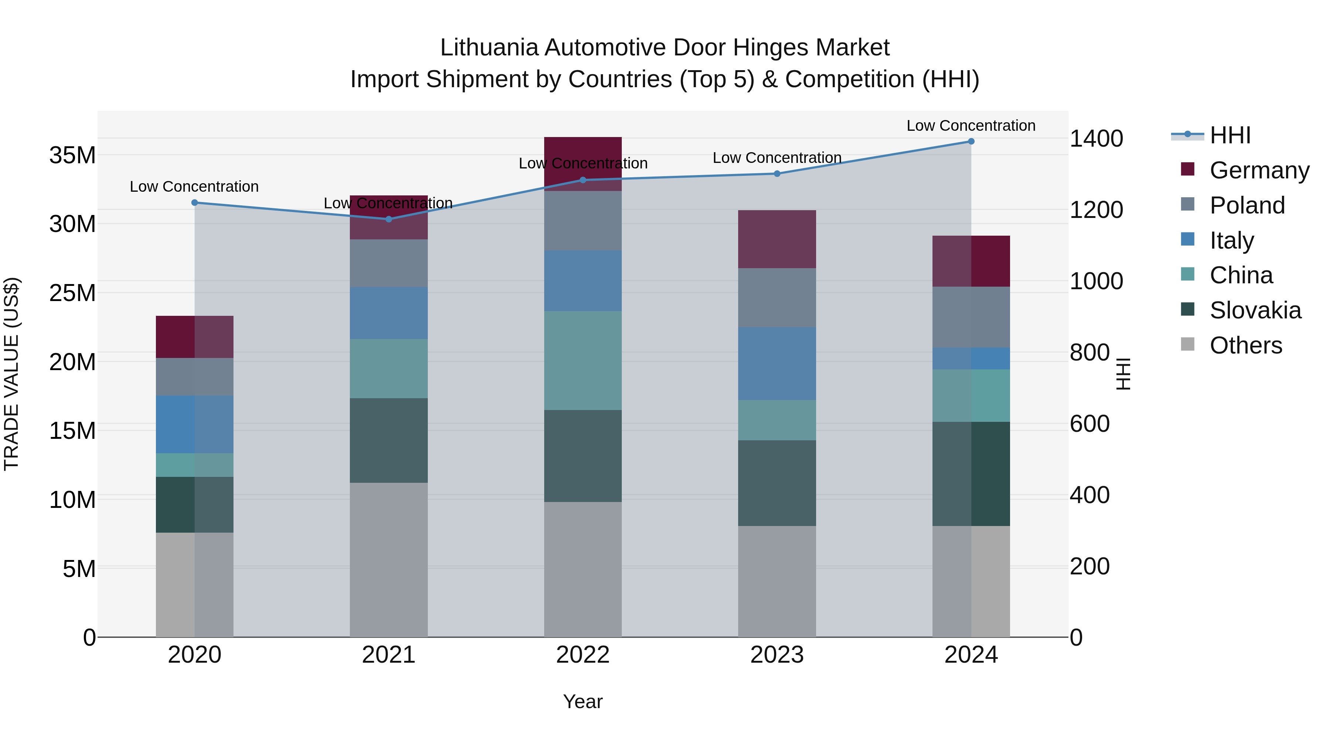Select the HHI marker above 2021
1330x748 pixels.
coord(389,219)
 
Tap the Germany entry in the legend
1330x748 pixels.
coord(1259,170)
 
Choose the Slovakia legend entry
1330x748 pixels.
coord(1255,311)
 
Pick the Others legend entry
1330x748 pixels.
coord(1245,345)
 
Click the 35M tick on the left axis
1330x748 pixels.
coord(72,156)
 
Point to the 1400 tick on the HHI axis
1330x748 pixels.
coord(1096,139)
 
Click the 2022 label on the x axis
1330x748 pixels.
coord(583,655)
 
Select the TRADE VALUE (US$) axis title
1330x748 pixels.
coord(12,374)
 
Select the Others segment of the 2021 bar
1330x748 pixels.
coord(389,560)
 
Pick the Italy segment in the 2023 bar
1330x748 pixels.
coord(777,363)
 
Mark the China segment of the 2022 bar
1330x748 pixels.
coord(583,360)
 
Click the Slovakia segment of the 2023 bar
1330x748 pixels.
coord(777,483)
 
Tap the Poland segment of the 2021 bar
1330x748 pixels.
coord(389,263)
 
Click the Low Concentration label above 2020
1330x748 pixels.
coord(194,187)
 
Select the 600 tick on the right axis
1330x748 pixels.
coord(1089,424)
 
